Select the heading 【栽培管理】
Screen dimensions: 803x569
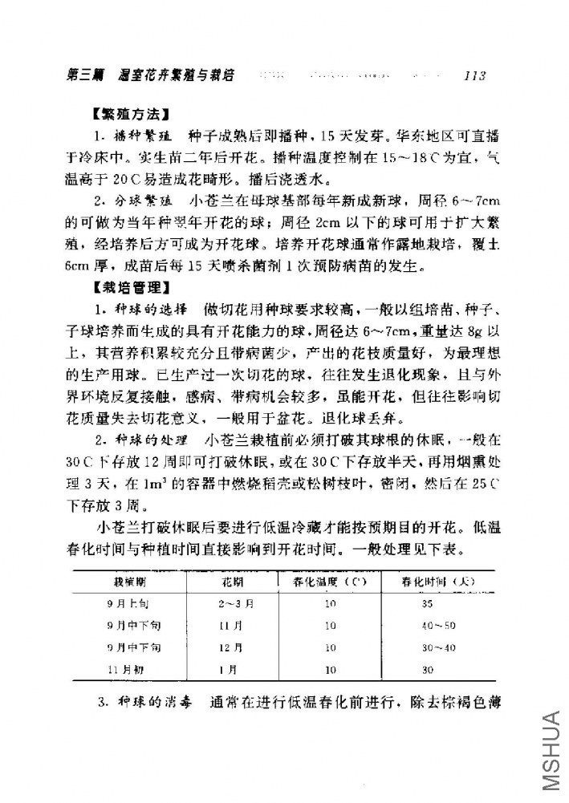(x=132, y=286)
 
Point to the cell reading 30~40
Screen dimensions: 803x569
(x=437, y=646)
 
